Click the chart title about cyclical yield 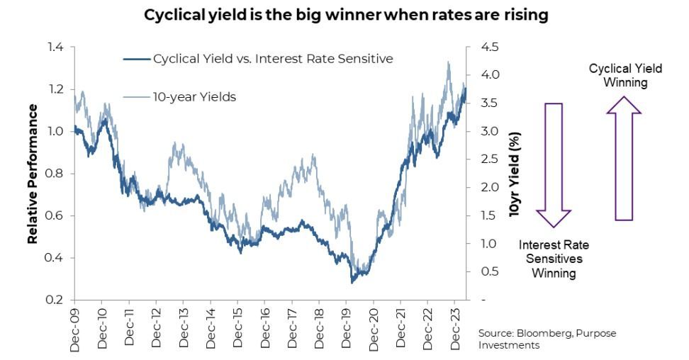point(346,15)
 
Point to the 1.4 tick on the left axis point(55,47)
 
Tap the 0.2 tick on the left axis point(55,300)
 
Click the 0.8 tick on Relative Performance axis point(55,174)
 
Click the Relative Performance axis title point(33,174)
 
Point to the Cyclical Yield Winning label point(626,75)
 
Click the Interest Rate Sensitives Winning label point(554,259)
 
